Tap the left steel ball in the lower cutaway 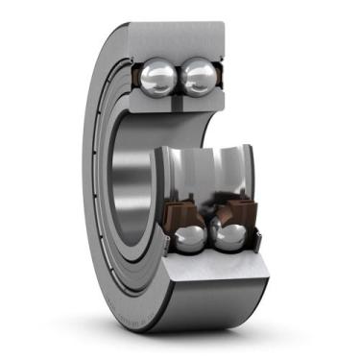point(191,239)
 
